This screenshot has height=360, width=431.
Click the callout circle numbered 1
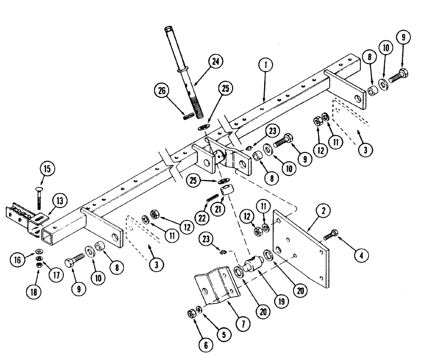pos(266,65)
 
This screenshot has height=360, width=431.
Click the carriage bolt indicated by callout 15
pos(38,199)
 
